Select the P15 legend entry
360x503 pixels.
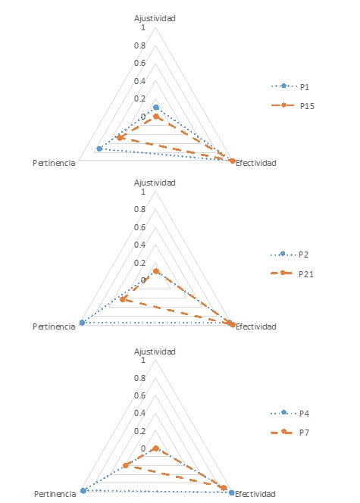tap(293, 106)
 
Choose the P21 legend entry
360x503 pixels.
tap(292, 273)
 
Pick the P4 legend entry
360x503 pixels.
tap(290, 413)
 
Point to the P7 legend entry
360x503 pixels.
tap(290, 432)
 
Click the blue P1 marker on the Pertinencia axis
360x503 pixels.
tap(99, 148)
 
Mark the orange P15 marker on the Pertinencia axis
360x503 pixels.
tap(119, 138)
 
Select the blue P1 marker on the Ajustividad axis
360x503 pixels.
tap(156, 108)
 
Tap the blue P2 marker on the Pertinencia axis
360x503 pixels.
tap(82, 323)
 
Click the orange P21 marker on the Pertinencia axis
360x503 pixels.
tap(122, 300)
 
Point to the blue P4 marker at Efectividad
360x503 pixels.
tap(231, 492)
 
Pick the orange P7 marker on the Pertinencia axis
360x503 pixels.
tap(126, 465)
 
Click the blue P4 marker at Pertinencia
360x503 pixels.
tap(83, 491)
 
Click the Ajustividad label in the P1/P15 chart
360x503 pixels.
tap(155, 18)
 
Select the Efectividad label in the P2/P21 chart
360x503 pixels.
tap(255, 326)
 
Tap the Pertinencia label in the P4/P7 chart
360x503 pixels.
tap(55, 494)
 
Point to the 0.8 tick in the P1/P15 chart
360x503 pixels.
tap(140, 45)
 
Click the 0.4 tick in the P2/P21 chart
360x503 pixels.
tap(140, 245)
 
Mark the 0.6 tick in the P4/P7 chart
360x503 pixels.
tap(140, 395)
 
